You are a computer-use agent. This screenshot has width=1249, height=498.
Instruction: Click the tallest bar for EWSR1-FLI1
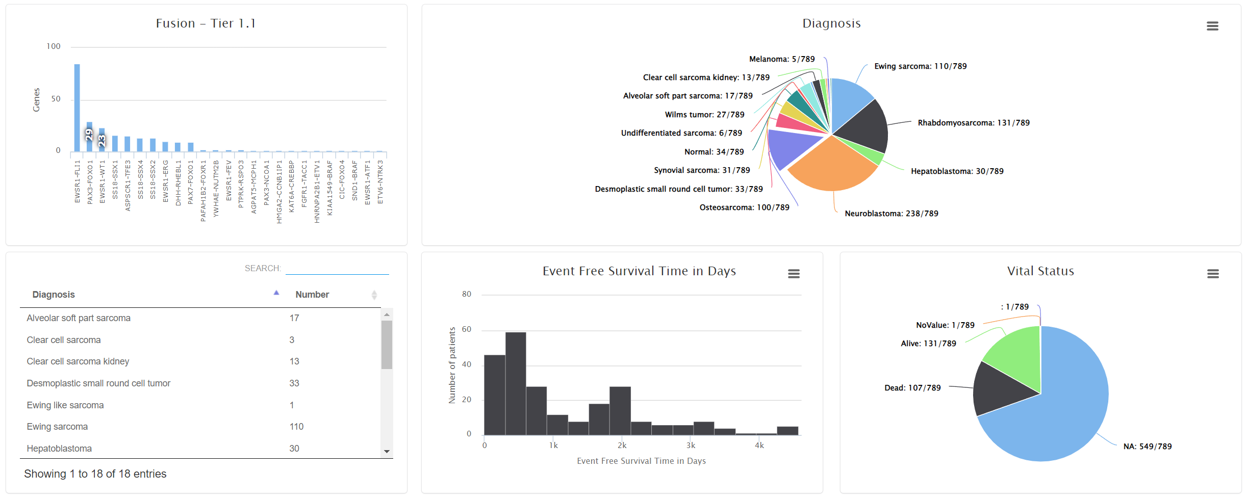77,108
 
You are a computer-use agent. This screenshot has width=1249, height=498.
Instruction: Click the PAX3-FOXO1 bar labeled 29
89,136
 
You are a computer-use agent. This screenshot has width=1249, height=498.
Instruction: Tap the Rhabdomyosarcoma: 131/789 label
973,123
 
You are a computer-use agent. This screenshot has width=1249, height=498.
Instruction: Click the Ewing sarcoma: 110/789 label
920,66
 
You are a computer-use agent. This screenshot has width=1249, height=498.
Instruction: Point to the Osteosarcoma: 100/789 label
744,207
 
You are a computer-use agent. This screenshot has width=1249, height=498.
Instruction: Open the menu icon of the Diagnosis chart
1212,26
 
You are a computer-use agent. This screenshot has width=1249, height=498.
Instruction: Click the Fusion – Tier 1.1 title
206,23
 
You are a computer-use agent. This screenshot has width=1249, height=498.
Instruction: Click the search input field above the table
337,268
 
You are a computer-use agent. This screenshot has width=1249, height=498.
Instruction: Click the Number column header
312,295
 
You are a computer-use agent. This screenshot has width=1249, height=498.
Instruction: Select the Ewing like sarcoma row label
65,405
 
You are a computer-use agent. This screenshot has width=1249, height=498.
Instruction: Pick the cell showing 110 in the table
296,427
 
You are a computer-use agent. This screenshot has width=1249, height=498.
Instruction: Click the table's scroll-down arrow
387,452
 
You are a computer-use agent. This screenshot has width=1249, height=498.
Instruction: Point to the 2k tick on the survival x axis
622,445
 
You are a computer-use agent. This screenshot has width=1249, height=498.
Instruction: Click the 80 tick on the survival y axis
467,294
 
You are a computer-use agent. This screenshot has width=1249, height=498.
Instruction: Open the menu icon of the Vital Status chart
1213,274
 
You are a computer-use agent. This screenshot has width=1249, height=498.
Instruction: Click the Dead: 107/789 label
912,388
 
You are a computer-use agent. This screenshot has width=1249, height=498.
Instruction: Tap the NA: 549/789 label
1147,447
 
